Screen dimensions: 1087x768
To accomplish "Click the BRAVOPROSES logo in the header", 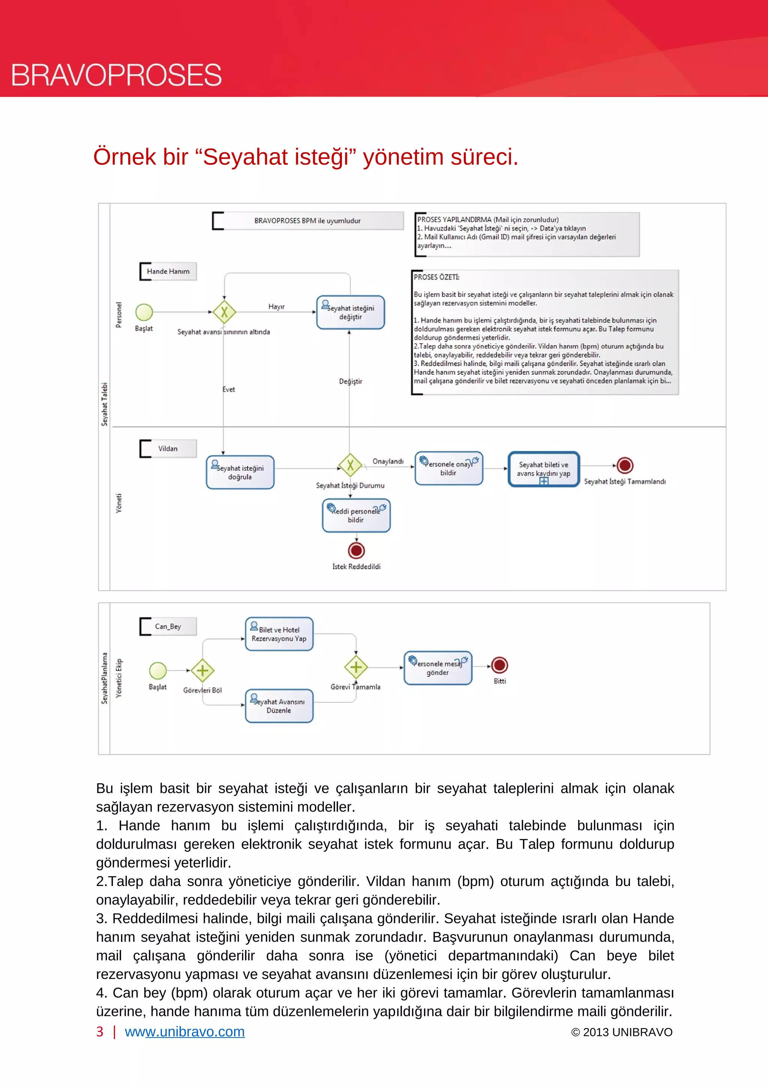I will (116, 75).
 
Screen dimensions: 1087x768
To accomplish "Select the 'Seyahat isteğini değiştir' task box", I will (350, 312).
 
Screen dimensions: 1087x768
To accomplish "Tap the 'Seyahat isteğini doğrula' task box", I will (240, 472).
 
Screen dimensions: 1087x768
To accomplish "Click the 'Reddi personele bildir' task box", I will (356, 515).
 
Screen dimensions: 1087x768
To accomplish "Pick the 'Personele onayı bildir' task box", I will (448, 468).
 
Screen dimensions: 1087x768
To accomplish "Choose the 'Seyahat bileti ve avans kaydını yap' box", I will (543, 469).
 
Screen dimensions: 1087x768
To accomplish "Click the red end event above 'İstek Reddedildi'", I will (356, 551).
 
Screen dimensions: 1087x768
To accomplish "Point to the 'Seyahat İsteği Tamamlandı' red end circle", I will (625, 465).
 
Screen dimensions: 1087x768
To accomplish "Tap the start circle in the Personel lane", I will (144, 312).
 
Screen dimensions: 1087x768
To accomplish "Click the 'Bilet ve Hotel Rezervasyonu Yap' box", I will (279, 634).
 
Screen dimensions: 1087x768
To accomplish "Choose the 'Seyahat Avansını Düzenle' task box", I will (279, 706).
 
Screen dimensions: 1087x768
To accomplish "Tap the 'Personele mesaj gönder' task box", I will (438, 668).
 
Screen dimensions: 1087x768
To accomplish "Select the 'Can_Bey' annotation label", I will (168, 626).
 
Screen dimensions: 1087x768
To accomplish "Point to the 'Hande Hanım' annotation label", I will (168, 271).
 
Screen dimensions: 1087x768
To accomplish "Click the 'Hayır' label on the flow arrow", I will (276, 307).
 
